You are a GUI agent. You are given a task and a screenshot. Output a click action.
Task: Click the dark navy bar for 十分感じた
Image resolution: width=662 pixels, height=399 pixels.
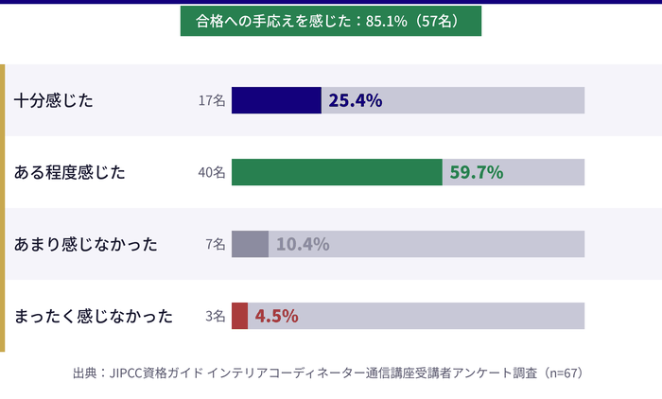pyautogui.click(x=276, y=100)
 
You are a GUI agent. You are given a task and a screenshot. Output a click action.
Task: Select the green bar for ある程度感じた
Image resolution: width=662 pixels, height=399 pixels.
pyautogui.click(x=337, y=172)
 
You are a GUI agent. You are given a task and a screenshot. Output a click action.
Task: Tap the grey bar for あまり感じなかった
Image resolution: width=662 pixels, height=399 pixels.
pyautogui.click(x=250, y=244)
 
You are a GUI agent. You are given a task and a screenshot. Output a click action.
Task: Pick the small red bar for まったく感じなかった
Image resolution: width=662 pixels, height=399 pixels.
pyautogui.click(x=239, y=316)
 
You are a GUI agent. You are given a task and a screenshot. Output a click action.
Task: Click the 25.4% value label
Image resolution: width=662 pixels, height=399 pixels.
pyautogui.click(x=355, y=100)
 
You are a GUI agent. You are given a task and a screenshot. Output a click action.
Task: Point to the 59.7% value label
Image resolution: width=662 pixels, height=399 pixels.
pyautogui.click(x=476, y=172)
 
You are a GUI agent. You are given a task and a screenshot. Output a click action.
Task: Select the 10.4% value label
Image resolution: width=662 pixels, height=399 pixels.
pyautogui.click(x=303, y=244)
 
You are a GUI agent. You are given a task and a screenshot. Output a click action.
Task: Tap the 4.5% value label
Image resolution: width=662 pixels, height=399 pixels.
pyautogui.click(x=277, y=316)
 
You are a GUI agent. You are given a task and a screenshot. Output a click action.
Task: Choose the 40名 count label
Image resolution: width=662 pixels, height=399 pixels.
pyautogui.click(x=212, y=173)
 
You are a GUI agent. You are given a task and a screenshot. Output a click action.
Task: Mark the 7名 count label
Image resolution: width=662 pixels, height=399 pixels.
pyautogui.click(x=215, y=245)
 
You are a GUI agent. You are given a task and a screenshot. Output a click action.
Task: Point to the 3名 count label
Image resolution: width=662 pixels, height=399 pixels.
pyautogui.click(x=215, y=317)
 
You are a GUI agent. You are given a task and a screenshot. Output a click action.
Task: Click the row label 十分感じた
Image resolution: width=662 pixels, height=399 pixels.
pyautogui.click(x=54, y=100)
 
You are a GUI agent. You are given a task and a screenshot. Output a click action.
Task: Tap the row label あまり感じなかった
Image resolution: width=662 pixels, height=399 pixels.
pyautogui.click(x=85, y=244)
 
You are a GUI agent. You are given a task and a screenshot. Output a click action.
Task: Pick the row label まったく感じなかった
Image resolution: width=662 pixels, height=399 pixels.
pyautogui.click(x=94, y=316)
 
